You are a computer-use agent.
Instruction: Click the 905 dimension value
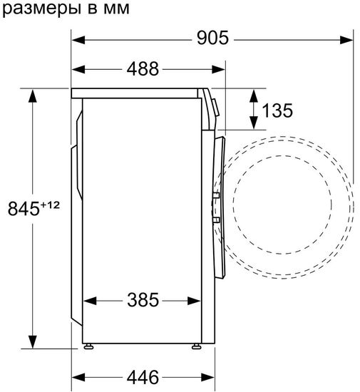[x=213, y=39]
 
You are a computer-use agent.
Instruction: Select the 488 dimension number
[x=143, y=68]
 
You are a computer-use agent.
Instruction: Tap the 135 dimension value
[x=278, y=110]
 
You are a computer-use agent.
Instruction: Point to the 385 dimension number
[x=143, y=300]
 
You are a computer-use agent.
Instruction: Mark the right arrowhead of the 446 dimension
[x=207, y=375]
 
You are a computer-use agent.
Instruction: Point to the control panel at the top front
[x=213, y=103]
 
